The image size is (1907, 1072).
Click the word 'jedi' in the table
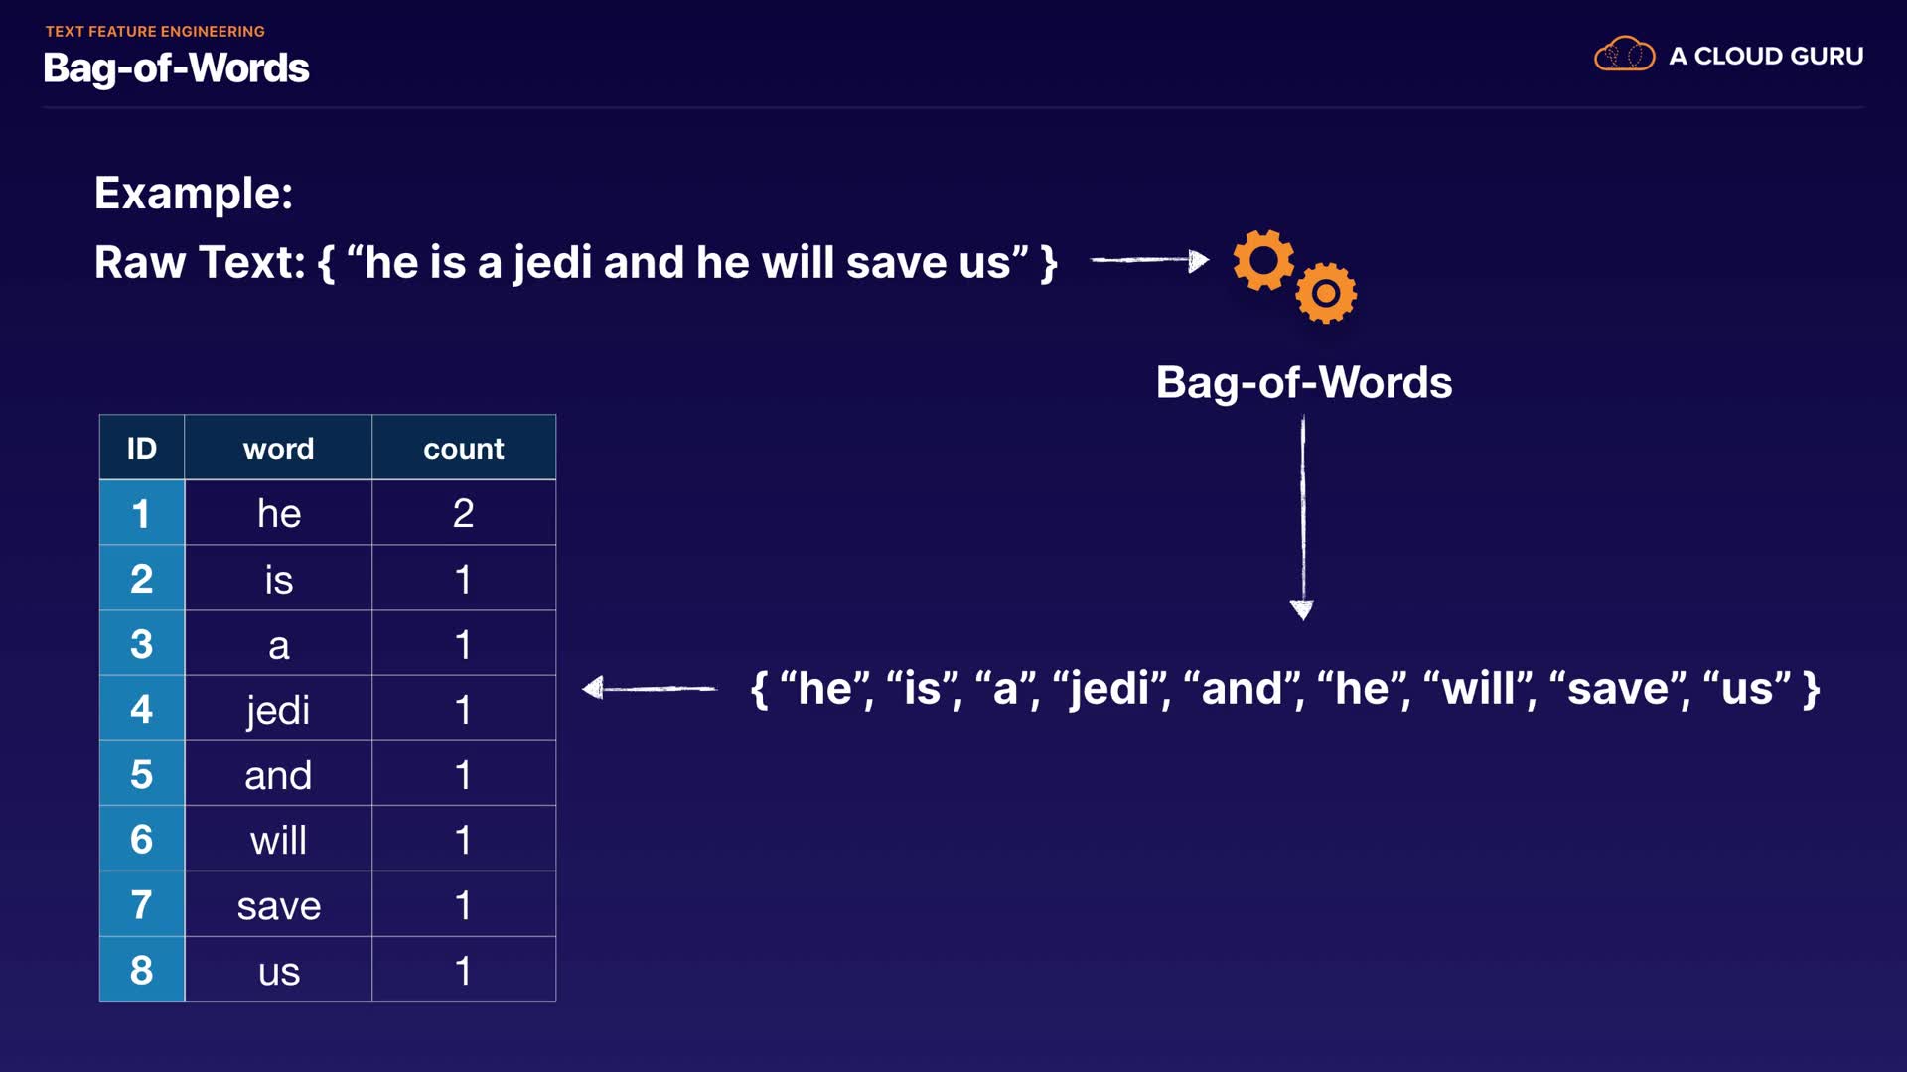click(x=278, y=710)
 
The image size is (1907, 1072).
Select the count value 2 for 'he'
click(x=463, y=513)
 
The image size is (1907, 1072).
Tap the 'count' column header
click(x=463, y=449)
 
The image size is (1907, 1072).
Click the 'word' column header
click(x=278, y=449)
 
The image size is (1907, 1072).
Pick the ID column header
click(x=141, y=449)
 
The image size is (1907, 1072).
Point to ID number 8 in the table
click(x=141, y=970)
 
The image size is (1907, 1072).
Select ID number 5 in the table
click(x=141, y=774)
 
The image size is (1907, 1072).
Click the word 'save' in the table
click(x=278, y=906)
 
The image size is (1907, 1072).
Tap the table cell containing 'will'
click(x=278, y=841)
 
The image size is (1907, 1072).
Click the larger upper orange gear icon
click(x=1263, y=260)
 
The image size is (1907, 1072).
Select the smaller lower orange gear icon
click(x=1326, y=293)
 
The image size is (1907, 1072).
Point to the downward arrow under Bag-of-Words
click(x=1302, y=517)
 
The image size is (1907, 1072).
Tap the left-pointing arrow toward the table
click(x=650, y=688)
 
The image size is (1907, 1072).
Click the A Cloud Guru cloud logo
click(x=1624, y=55)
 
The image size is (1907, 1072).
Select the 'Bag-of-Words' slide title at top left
click(x=176, y=68)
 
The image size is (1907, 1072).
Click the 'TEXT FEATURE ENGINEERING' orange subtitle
click(x=155, y=32)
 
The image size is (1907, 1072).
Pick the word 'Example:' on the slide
click(x=194, y=193)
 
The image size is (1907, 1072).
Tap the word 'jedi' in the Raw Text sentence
click(x=552, y=263)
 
